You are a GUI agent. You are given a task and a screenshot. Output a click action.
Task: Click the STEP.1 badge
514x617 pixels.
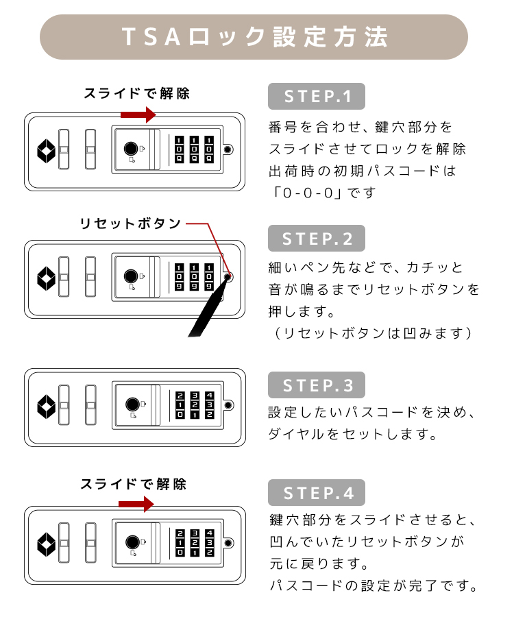[x=316, y=97]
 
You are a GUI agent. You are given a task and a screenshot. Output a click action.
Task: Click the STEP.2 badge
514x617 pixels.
[x=316, y=239]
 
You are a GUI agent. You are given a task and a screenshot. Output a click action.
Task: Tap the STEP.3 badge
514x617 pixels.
[x=316, y=385]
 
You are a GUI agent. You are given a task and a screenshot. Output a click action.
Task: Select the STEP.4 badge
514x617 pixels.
[x=316, y=493]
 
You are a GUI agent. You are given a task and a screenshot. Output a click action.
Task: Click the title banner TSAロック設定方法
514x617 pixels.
[x=254, y=37]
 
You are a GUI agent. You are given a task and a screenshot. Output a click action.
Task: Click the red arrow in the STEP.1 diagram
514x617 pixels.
[x=138, y=115]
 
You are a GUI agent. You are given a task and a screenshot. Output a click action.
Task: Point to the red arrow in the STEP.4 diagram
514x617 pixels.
[x=136, y=504]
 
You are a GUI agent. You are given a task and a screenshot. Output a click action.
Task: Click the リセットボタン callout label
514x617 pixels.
[x=130, y=223]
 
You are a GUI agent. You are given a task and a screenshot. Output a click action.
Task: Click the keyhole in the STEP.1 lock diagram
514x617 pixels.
[x=131, y=149]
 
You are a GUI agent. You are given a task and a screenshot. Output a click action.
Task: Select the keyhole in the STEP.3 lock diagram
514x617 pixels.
[x=132, y=404]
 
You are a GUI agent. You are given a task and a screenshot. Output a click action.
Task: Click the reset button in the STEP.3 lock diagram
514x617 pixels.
[x=228, y=405]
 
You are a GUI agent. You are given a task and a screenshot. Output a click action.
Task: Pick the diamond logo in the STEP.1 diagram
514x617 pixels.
[x=46, y=151]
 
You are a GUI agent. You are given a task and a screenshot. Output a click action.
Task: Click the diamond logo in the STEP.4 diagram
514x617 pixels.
[x=46, y=544]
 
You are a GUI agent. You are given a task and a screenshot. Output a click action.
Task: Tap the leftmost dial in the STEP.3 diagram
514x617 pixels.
[x=180, y=405]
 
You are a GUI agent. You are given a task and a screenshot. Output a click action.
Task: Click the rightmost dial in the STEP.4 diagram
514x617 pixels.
[x=210, y=543]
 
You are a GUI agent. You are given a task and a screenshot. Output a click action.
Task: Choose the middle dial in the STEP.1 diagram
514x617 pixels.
[x=194, y=149]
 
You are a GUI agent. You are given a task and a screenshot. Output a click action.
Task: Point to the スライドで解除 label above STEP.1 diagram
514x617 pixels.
[x=136, y=94]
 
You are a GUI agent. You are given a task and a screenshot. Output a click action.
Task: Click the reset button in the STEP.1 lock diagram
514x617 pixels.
[x=228, y=149]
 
